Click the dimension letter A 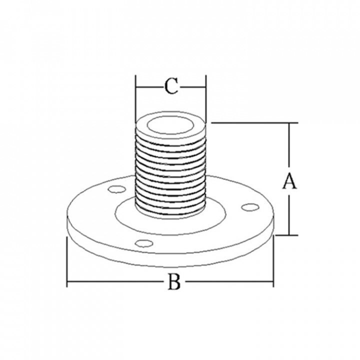click(x=289, y=181)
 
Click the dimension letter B click(x=174, y=281)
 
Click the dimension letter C click(x=171, y=86)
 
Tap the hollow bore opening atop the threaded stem click(x=170, y=125)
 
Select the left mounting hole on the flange click(x=117, y=189)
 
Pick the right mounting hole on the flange click(x=250, y=207)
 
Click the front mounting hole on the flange click(x=144, y=243)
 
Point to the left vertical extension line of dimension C click(x=136, y=99)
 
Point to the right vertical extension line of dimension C click(x=206, y=99)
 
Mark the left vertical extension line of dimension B click(x=67, y=261)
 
